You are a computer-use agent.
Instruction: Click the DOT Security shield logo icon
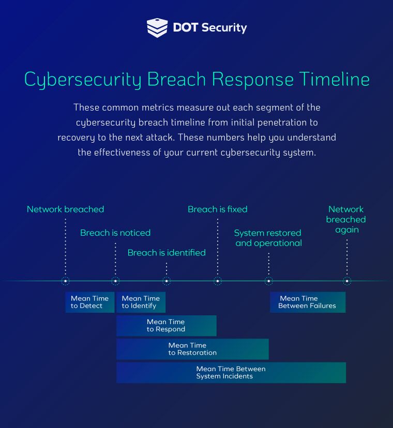pos(157,27)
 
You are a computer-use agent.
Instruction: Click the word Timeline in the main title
pos(334,79)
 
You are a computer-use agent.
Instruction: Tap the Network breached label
pos(65,209)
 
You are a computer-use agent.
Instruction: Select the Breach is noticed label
pos(115,233)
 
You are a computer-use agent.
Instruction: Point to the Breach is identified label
pos(167,253)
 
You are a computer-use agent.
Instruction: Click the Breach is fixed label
pos(217,209)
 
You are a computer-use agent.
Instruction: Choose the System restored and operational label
pos(268,238)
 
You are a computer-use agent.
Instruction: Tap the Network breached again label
pos(346,220)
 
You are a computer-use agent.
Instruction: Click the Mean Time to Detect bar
pos(90,302)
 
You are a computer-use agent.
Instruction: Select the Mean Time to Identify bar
pos(141,302)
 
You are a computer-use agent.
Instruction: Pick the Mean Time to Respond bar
pos(167,326)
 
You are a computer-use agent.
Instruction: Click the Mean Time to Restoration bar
pos(192,349)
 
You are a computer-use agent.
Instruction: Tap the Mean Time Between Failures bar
pos(308,302)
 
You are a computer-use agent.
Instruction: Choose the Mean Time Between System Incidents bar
pos(231,373)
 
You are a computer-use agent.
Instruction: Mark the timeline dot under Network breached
pos(66,281)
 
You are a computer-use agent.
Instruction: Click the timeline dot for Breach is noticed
pos(115,281)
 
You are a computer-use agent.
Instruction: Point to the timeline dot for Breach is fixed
pos(218,281)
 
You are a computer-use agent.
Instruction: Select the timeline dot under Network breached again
pos(347,281)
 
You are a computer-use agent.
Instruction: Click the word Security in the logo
pos(224,28)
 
